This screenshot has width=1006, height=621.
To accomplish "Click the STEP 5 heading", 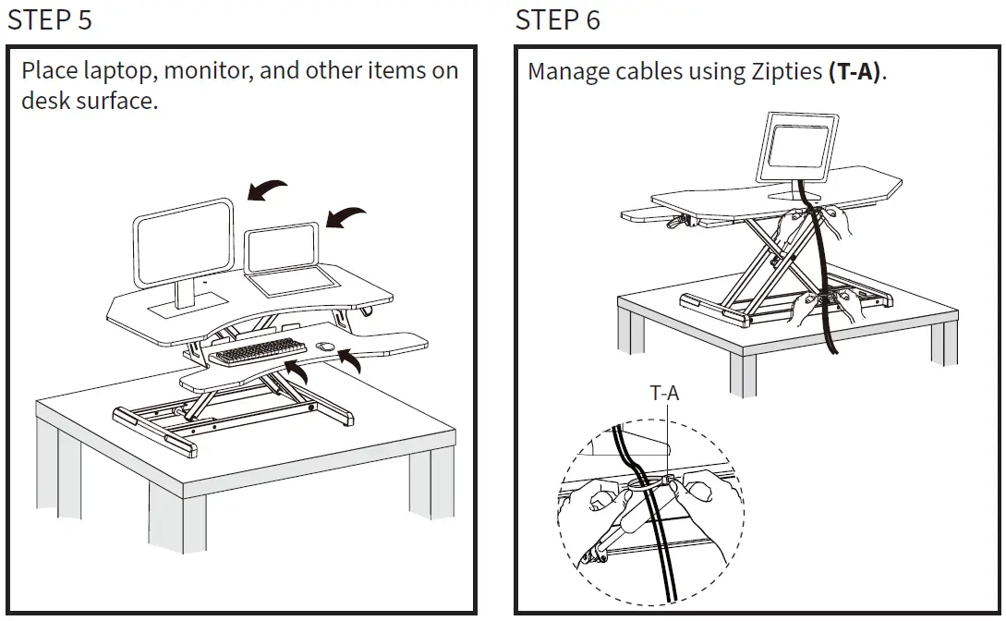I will [x=50, y=19].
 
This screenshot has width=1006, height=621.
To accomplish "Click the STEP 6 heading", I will [x=558, y=19].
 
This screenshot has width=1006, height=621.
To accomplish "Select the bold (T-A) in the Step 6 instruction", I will [x=854, y=72].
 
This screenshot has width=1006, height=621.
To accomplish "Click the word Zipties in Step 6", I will [x=782, y=72].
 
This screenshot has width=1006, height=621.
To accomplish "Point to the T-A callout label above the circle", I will [x=664, y=393].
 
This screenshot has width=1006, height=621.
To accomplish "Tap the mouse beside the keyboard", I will [x=324, y=347].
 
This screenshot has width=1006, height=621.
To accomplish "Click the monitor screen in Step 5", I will [x=183, y=242].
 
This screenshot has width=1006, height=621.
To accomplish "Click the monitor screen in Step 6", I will [x=797, y=149].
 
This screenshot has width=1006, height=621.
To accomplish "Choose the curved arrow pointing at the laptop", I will [x=345, y=218].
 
